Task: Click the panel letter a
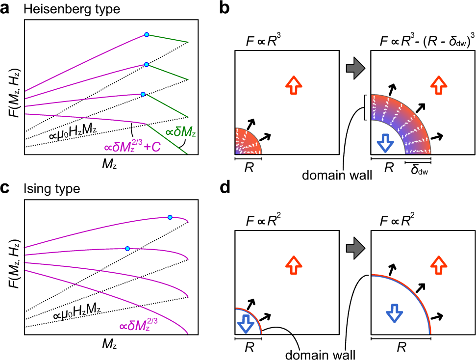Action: pyautogui.click(x=6, y=9)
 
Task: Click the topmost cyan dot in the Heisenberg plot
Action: pyautogui.click(x=146, y=34)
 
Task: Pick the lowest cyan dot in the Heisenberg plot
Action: pyautogui.click(x=143, y=94)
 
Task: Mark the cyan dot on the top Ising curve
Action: pyautogui.click(x=170, y=217)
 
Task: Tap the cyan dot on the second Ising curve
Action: pyautogui.click(x=127, y=249)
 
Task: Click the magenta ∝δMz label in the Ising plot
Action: pyautogui.click(x=134, y=325)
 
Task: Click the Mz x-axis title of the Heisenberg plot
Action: pyautogui.click(x=110, y=166)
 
